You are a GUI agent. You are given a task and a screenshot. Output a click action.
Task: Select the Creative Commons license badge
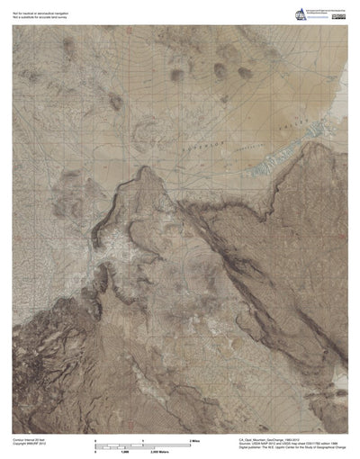click(339, 12)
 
